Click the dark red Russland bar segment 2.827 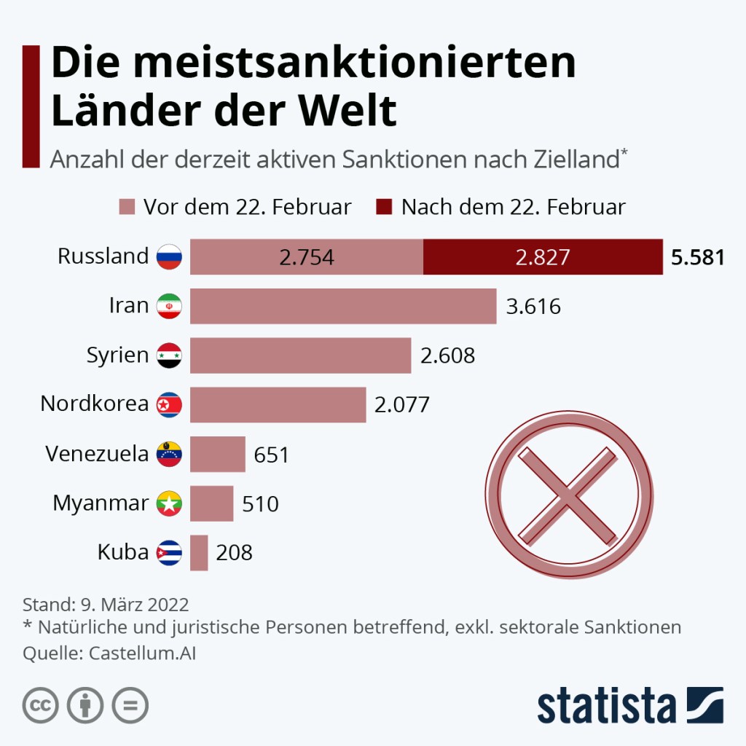click(543, 256)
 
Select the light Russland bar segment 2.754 click(306, 256)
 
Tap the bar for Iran click(343, 306)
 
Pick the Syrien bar click(300, 356)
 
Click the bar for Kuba click(199, 552)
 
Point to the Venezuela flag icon click(169, 454)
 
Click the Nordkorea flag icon click(169, 404)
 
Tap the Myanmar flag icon click(169, 503)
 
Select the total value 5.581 click(698, 257)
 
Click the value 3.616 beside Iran click(533, 307)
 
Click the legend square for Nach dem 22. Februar click(385, 207)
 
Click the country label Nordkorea click(95, 404)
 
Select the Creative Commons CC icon click(41, 705)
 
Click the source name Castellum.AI click(143, 653)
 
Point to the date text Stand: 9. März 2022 click(106, 605)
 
